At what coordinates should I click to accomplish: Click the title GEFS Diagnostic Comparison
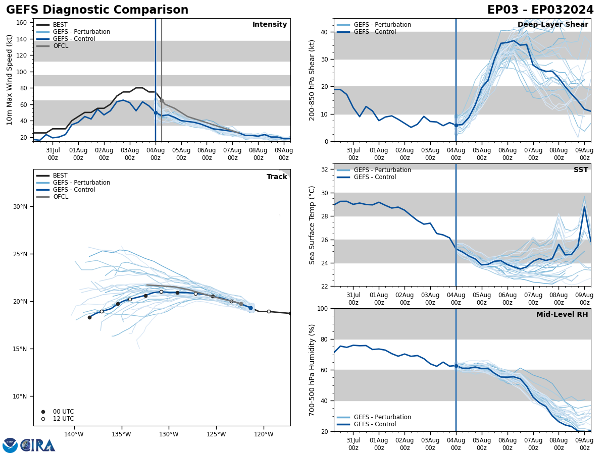tap(97, 10)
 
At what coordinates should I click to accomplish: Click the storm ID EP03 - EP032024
tap(540, 10)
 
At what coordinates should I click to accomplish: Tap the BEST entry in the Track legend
tap(60, 176)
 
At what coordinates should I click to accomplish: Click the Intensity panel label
tap(270, 25)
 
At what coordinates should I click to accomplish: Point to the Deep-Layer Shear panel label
tap(552, 25)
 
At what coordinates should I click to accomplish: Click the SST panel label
tap(581, 170)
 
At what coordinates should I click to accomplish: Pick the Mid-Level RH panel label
tap(562, 315)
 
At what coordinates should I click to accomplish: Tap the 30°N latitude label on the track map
tap(20, 207)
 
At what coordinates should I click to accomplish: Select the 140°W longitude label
tap(74, 434)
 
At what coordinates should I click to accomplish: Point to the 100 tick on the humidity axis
tap(322, 309)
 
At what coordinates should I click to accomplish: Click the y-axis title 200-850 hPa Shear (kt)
tap(313, 80)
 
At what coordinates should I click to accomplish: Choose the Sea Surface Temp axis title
tap(313, 225)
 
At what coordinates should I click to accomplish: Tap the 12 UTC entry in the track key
tap(63, 419)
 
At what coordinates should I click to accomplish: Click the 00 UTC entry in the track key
tap(63, 412)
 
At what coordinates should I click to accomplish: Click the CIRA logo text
tap(38, 445)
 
